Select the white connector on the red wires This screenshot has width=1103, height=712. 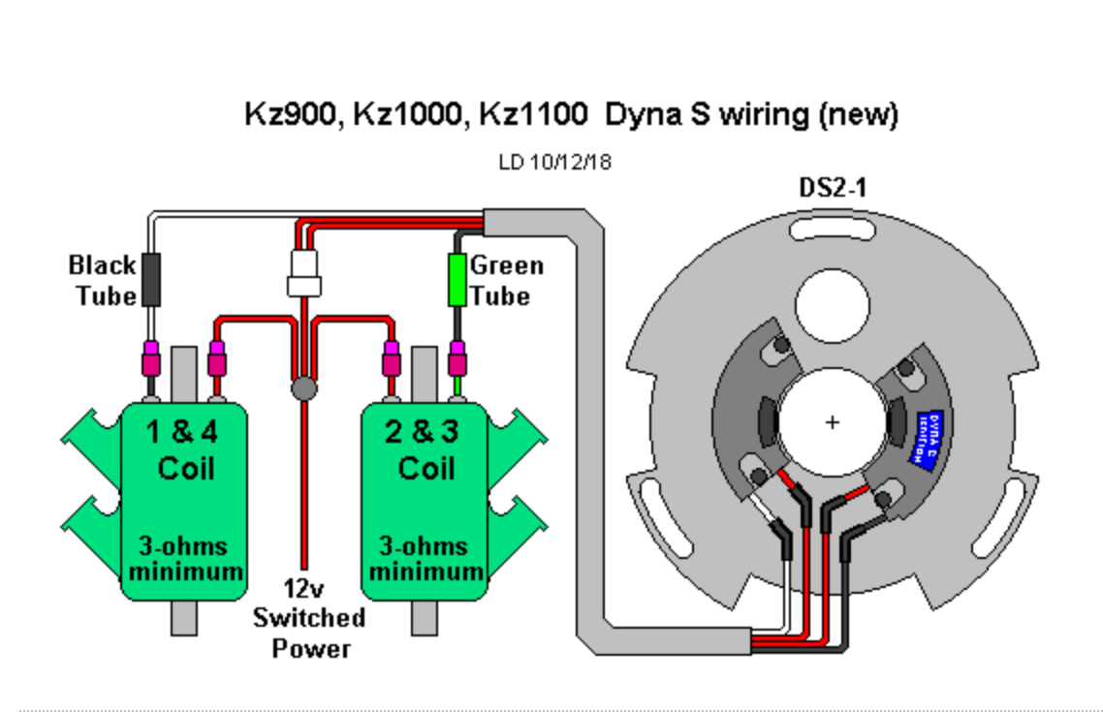[x=303, y=275]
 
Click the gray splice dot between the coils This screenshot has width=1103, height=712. [x=304, y=389]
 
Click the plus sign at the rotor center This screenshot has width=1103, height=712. [x=832, y=422]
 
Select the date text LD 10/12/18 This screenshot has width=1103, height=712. [x=554, y=162]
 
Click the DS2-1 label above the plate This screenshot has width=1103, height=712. [x=832, y=188]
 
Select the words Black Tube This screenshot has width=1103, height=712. [x=102, y=280]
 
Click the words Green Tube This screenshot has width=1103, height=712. [x=506, y=280]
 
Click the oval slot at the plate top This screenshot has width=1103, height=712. [x=832, y=231]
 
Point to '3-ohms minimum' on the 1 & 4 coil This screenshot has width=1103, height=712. [x=185, y=559]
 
